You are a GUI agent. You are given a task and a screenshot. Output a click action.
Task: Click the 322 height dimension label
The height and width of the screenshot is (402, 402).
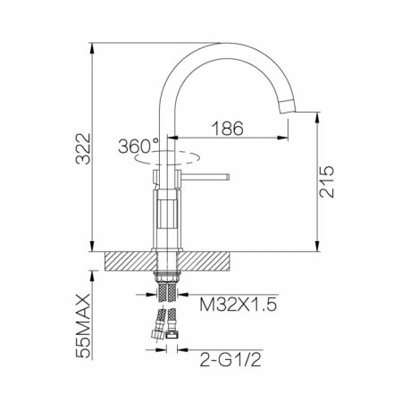83,148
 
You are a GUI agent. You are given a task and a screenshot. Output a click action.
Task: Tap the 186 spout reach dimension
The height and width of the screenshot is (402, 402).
228,129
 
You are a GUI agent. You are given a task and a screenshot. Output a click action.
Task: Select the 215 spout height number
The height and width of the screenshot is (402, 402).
326,182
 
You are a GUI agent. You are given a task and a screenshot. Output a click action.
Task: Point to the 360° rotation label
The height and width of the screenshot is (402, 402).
138,147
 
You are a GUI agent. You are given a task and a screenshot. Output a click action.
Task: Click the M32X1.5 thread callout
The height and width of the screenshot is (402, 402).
239,305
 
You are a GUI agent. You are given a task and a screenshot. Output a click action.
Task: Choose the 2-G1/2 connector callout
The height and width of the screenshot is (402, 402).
230,359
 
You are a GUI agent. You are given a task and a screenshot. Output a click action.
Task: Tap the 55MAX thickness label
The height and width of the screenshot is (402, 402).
83,325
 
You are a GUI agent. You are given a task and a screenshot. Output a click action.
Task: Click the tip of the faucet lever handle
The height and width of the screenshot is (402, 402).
228,177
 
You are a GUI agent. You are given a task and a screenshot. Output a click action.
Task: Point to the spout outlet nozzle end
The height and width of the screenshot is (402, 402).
288,107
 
